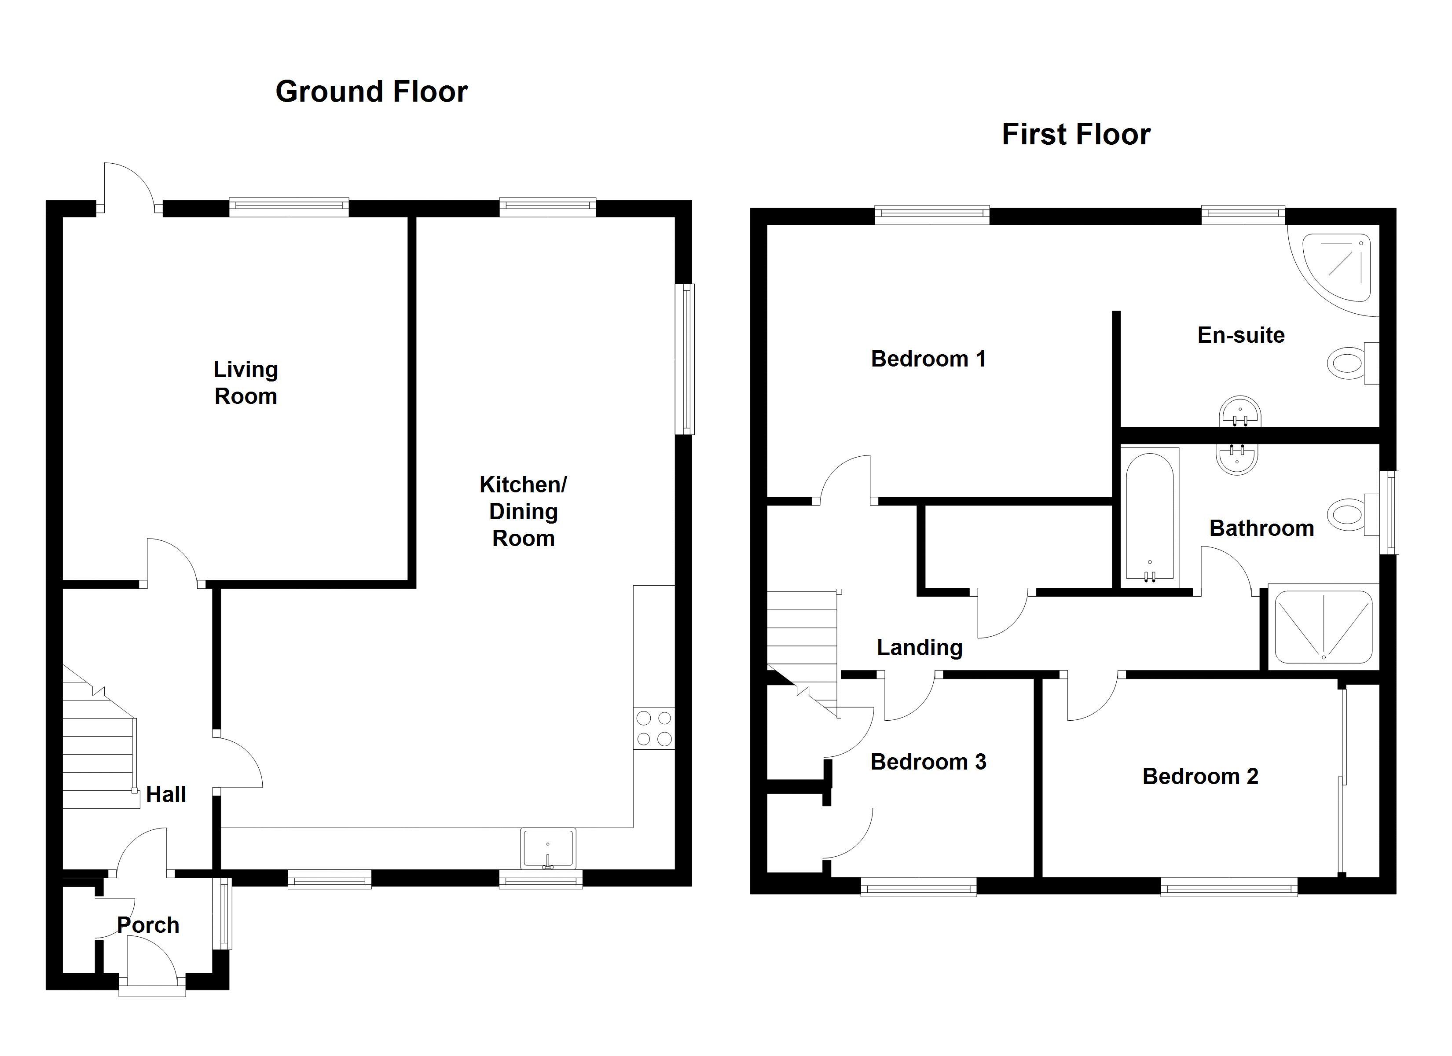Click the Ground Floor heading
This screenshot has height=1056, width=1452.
[371, 92]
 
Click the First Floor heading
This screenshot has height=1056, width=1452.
[1075, 135]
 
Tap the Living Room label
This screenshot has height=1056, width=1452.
[246, 382]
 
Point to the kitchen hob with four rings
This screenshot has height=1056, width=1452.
[654, 729]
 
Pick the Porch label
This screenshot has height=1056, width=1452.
[148, 925]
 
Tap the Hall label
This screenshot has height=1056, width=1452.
[166, 794]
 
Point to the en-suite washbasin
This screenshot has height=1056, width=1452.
[1240, 411]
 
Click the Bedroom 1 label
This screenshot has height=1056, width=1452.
[928, 359]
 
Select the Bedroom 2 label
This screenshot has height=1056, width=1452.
[1200, 776]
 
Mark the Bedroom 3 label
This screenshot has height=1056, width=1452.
[928, 762]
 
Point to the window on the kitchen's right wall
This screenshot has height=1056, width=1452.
[686, 359]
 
